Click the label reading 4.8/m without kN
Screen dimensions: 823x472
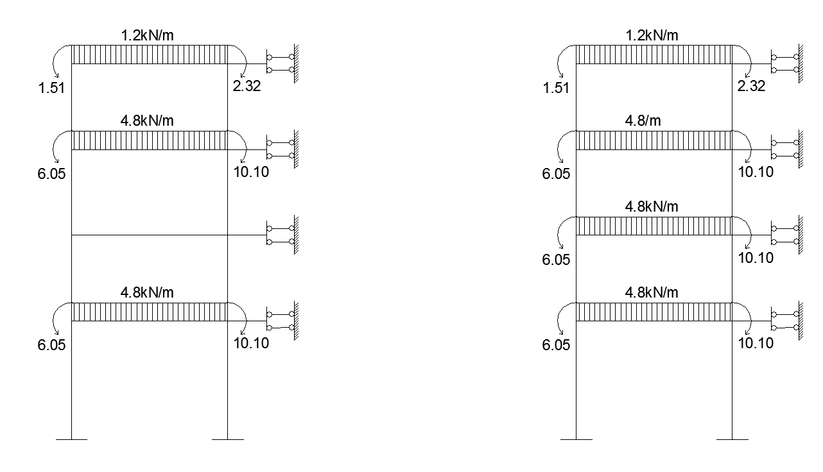point(643,121)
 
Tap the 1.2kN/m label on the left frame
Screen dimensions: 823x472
point(147,35)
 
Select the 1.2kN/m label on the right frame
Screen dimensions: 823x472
point(652,35)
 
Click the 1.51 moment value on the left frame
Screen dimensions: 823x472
point(51,88)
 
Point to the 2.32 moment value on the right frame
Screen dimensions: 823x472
point(751,86)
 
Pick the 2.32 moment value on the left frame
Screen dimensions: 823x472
point(247,86)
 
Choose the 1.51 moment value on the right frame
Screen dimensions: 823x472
point(556,88)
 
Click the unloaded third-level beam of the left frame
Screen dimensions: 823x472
point(150,235)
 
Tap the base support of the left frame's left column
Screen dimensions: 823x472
point(72,439)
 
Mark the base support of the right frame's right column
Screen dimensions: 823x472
point(732,439)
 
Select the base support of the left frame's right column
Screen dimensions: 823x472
point(228,439)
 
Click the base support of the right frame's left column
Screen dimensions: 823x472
point(576,439)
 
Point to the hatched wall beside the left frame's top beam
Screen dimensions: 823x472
point(296,63)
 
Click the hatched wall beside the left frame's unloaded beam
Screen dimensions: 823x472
point(296,235)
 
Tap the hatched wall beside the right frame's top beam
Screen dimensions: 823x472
point(801,63)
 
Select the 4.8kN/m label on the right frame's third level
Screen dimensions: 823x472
point(652,206)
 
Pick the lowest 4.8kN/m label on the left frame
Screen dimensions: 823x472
point(147,292)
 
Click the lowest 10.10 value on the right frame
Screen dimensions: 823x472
point(756,343)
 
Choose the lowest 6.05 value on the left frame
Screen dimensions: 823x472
point(51,345)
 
